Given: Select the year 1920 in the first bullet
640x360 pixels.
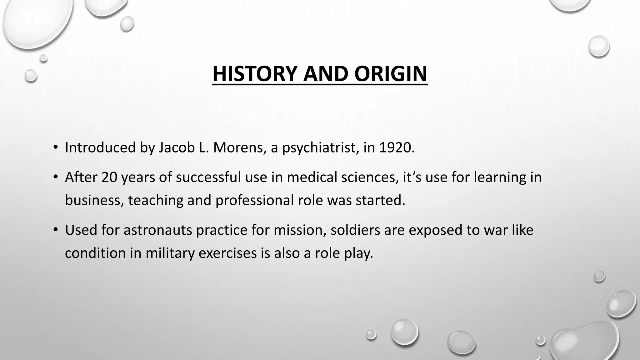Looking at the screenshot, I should pyautogui.click(x=397, y=147).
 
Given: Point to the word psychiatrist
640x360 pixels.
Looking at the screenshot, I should pyautogui.click(x=320, y=148).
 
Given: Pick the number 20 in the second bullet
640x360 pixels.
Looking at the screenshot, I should pyautogui.click(x=109, y=177).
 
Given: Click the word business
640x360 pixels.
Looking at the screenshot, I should pyautogui.click(x=92, y=200).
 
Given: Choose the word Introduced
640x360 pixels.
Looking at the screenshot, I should pyautogui.click(x=100, y=147).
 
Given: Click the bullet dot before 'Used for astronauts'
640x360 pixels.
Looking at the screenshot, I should pyautogui.click(x=56, y=230).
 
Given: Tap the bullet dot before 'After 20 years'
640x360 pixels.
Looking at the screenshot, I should pyautogui.click(x=56, y=177).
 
